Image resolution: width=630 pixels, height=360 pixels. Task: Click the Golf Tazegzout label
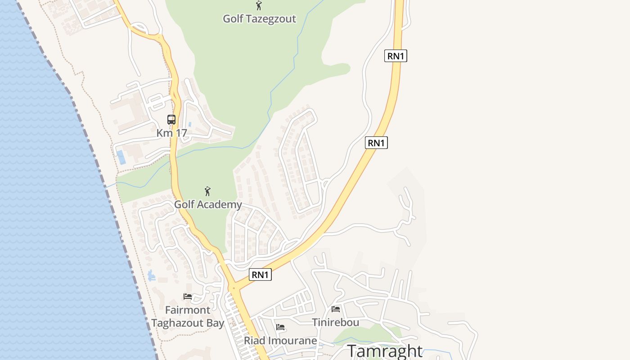pyautogui.click(x=260, y=19)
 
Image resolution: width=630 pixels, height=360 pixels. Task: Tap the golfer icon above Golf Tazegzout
pyautogui.click(x=259, y=5)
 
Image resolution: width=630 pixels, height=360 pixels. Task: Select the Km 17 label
pyautogui.click(x=171, y=133)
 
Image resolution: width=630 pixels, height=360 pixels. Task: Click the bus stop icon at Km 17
pyautogui.click(x=171, y=119)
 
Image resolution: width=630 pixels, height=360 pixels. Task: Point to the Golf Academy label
pyautogui.click(x=208, y=205)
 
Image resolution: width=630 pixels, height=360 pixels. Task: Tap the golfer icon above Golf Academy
pyautogui.click(x=207, y=191)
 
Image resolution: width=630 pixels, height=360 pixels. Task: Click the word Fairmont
pyautogui.click(x=188, y=310)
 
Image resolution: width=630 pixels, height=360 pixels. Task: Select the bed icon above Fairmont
pyautogui.click(x=188, y=297)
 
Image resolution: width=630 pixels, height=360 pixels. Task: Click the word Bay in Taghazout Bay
pyautogui.click(x=215, y=324)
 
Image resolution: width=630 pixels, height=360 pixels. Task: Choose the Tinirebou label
pyautogui.click(x=336, y=323)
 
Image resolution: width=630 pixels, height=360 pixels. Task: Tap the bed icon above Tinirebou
pyautogui.click(x=336, y=309)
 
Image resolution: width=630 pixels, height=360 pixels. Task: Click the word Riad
pyautogui.click(x=254, y=341)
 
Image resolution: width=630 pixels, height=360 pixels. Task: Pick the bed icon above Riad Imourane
pyautogui.click(x=280, y=327)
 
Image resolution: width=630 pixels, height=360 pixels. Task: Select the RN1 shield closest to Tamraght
pyautogui.click(x=261, y=274)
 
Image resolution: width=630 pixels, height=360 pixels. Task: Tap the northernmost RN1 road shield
pyautogui.click(x=396, y=56)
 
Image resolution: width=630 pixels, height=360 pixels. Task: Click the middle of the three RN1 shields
pyautogui.click(x=376, y=143)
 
